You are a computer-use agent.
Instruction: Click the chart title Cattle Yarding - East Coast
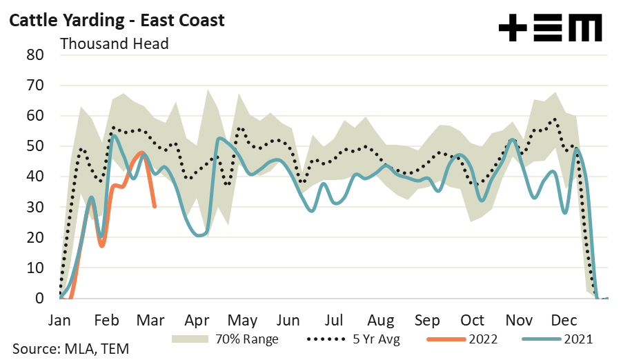116,21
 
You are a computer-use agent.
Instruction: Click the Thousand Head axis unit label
115,43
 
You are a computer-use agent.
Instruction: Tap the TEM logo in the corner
550,28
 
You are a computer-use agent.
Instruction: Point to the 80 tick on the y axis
35,55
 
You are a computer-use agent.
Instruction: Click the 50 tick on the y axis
35,146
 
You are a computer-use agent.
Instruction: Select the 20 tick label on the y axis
35,237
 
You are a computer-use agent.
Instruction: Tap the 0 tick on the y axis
40,299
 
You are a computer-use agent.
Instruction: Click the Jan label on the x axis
59,321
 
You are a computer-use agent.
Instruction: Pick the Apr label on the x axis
197,321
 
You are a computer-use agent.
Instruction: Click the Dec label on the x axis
564,321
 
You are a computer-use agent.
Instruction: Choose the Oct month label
473,321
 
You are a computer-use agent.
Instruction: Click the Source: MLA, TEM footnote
70,349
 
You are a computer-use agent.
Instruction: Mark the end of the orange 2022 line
155,206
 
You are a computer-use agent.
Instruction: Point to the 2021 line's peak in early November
512,140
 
